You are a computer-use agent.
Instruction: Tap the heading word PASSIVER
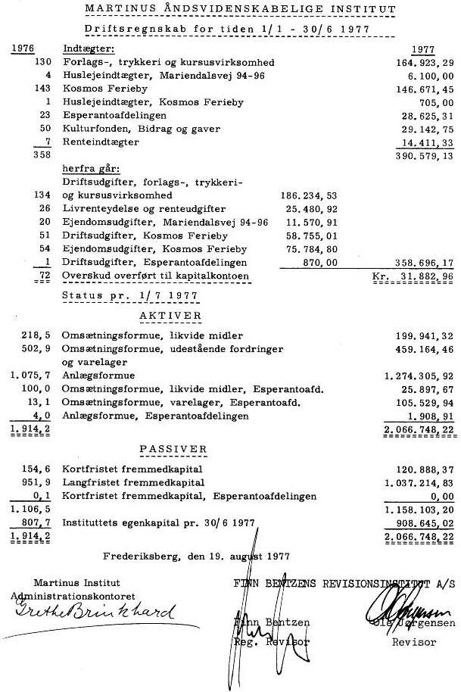pos(173,449)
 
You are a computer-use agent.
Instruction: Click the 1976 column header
pos(26,48)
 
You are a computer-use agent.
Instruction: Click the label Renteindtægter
pos(101,142)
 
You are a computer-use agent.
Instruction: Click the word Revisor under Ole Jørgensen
pos(413,641)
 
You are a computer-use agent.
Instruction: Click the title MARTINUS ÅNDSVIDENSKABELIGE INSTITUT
pos(240,9)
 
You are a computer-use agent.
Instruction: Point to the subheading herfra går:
pos(91,169)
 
